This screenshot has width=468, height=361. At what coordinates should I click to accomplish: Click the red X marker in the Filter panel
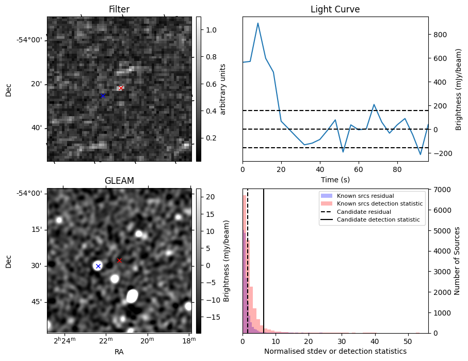click(121, 88)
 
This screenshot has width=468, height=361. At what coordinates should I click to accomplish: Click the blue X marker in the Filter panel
click(103, 96)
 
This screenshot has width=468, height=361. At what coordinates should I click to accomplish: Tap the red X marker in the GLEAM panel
click(119, 260)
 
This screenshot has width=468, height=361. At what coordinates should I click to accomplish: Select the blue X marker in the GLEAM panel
click(98, 266)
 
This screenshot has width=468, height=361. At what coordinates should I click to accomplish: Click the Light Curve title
click(335, 10)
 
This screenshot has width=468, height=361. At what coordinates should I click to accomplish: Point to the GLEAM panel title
click(119, 181)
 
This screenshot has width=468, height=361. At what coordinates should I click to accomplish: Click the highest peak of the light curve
click(257, 23)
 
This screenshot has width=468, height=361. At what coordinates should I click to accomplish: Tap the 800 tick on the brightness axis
click(440, 35)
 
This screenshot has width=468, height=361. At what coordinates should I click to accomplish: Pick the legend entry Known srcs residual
click(365, 196)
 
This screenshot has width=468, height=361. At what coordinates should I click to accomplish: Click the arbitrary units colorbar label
click(223, 89)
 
